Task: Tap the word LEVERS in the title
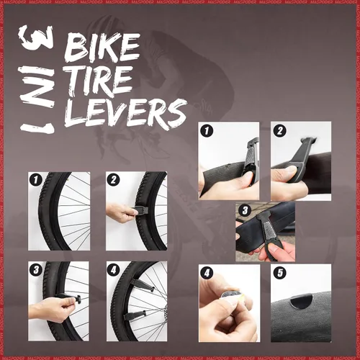click(125, 112)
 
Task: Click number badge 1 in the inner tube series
click(207, 131)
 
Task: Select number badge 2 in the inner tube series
click(279, 131)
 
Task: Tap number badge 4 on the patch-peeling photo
click(207, 274)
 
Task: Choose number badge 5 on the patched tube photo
click(279, 274)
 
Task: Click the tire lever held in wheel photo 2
click(141, 210)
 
